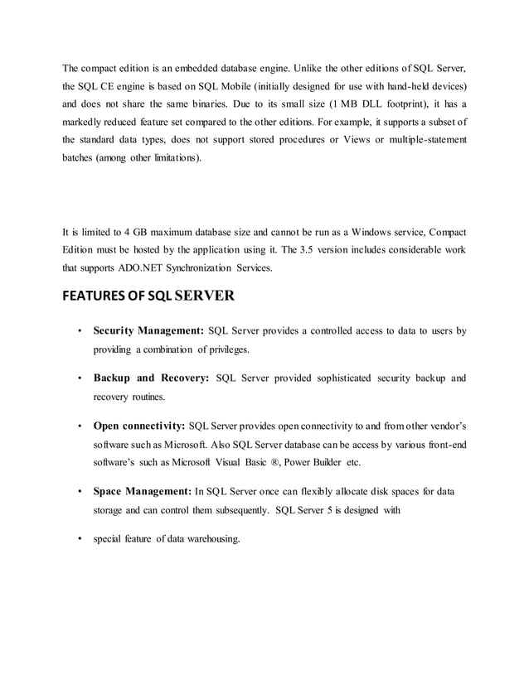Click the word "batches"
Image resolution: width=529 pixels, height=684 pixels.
80,156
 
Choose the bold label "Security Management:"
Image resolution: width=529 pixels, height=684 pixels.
149,332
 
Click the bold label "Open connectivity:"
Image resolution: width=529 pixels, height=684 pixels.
139,426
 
